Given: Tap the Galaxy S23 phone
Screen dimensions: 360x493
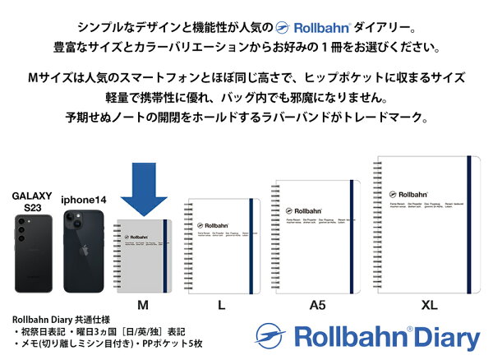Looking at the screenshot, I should coord(31,254).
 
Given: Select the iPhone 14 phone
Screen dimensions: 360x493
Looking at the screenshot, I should coord(85,252).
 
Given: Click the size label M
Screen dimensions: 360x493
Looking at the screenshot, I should coord(143,306).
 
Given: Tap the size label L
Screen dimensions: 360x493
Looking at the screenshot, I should coord(221,306).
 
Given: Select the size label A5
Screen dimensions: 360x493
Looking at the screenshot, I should coord(317,306).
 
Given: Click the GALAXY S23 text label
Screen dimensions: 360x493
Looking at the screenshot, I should coord(31,202).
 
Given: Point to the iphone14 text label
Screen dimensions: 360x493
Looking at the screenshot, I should coord(85,201).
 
